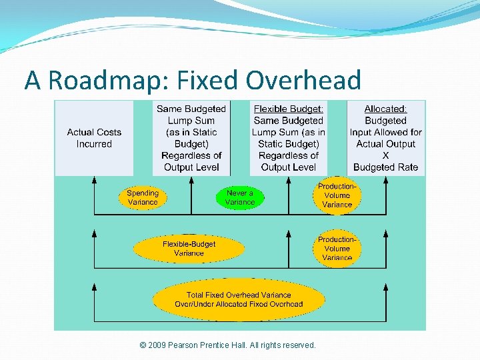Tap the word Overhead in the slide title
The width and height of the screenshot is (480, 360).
point(303,80)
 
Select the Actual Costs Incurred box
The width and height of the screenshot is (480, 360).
point(94,138)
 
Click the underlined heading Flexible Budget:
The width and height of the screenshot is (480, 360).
point(289,109)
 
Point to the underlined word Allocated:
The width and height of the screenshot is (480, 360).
point(385,109)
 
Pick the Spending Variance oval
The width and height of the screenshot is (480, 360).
point(143,197)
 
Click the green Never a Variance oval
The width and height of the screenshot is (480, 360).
point(240,197)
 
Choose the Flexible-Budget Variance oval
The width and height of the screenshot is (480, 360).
point(189,249)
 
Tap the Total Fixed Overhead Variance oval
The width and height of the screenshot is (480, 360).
point(239,299)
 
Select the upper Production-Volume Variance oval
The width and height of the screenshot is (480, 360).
point(337,196)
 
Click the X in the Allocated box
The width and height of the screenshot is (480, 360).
point(385,155)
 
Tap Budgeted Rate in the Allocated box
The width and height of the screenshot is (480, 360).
point(385,167)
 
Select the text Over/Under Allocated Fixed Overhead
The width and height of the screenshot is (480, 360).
point(239,304)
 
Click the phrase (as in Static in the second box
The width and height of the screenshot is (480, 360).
point(191,132)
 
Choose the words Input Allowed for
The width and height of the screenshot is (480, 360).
point(385,132)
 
